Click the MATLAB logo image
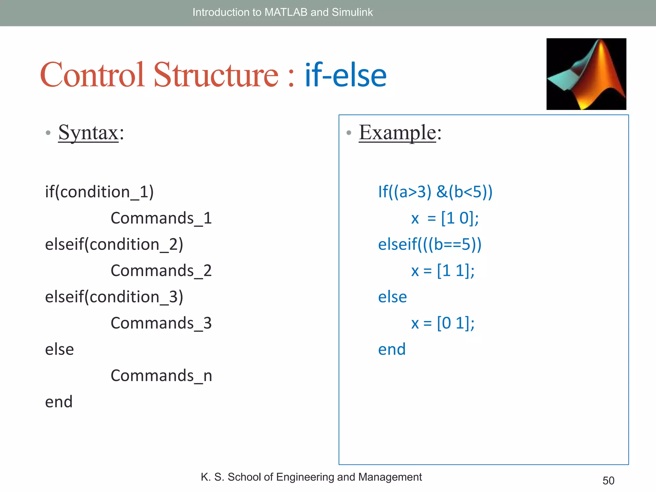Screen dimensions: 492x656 586,74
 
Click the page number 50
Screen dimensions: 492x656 608,480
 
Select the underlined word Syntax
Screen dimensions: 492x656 88,133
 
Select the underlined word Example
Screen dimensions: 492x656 397,133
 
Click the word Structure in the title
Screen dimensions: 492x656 216,75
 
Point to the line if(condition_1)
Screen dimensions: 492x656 99,192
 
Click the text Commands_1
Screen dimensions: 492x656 161,218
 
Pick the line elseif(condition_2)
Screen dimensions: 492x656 114,245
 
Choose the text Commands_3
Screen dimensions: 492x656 161,323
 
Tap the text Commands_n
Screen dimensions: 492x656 161,376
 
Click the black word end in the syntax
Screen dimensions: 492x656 59,402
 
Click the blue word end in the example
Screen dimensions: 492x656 392,349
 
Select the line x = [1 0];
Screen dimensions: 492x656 445,218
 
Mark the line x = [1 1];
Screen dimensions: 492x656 443,271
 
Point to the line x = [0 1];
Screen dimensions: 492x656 443,323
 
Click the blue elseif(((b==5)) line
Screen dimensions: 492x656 430,245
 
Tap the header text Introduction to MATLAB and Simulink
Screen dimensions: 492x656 283,12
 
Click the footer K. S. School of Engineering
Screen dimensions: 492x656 311,477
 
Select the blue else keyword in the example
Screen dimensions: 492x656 392,297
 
